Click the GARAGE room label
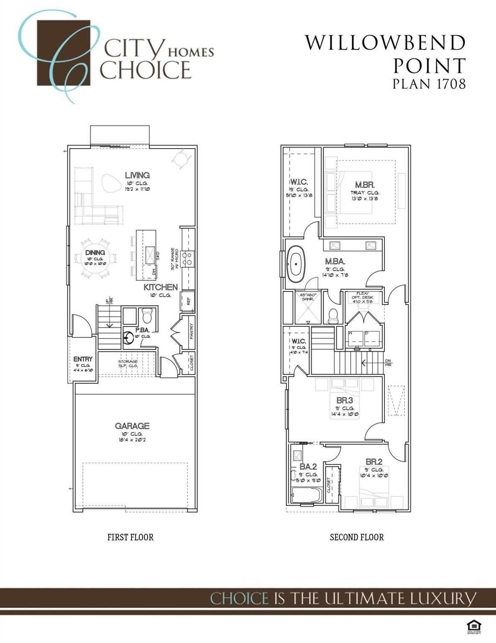pos(132,426)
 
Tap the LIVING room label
pos(137,175)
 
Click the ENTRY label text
pos(83,359)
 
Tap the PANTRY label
pos(192,331)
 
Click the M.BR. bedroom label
pos(365,185)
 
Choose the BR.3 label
pos(345,401)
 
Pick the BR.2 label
pos(374,462)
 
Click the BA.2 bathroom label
pos(308,467)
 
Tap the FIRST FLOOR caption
pos(130,537)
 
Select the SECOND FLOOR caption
pos(357,537)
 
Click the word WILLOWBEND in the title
pos(385,43)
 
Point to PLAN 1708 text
pos(429,84)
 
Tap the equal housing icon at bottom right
pos(474,627)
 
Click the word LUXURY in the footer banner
pos(443,598)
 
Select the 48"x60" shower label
pos(308,297)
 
